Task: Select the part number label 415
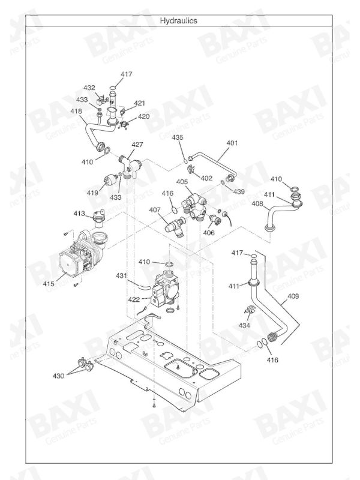point(49,284)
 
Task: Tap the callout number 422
point(134,299)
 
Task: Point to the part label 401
point(232,143)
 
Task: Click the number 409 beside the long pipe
point(293,296)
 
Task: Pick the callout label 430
point(58,376)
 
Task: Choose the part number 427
point(137,145)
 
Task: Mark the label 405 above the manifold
point(182,182)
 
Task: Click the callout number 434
point(244,325)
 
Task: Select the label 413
point(79,214)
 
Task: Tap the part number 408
point(257,203)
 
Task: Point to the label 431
point(121,276)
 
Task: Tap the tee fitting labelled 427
point(130,166)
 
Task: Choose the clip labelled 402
point(192,169)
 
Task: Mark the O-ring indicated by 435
point(185,161)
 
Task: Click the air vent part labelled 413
point(99,218)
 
